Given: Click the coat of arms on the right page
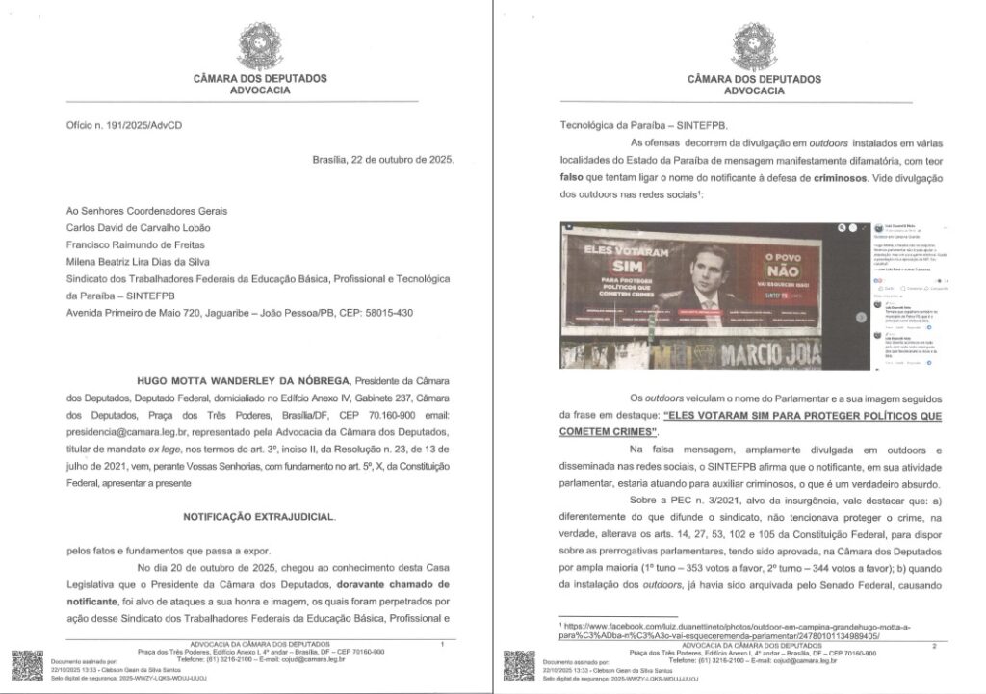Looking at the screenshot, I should click(753, 45).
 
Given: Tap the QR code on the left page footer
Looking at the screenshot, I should click(27, 666).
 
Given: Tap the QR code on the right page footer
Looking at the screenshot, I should click(518, 666).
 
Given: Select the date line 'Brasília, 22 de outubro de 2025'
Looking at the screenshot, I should click(377, 160).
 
